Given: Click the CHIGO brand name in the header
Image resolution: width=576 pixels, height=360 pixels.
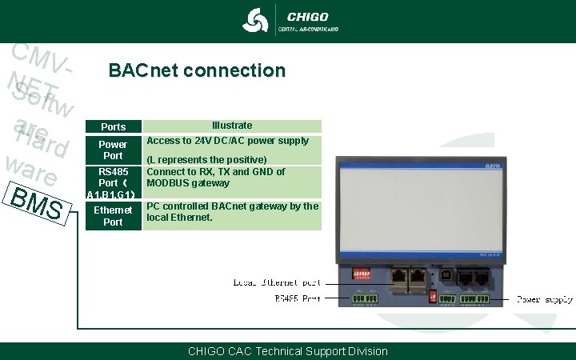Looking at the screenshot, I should [x=307, y=16].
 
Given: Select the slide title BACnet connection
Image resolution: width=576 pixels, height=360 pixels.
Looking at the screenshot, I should [x=196, y=70].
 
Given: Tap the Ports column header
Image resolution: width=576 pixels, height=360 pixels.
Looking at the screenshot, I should [x=113, y=126].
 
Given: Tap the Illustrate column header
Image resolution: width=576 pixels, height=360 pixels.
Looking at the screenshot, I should [x=232, y=126].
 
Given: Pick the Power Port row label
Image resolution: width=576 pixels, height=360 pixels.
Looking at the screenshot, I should [x=113, y=150].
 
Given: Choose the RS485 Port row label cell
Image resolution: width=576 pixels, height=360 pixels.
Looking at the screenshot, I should [x=113, y=182].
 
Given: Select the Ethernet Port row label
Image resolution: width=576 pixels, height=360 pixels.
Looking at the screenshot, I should [x=113, y=216].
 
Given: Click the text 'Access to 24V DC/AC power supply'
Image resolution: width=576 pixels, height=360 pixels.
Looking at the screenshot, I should [x=227, y=141].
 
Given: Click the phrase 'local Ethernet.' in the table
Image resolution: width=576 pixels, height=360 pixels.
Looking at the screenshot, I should [x=179, y=217].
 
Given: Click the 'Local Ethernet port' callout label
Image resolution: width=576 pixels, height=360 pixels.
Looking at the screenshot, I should [x=277, y=282].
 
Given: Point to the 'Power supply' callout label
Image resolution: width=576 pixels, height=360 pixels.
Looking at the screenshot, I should [x=544, y=299].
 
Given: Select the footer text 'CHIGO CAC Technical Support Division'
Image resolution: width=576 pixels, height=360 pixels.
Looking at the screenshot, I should [x=287, y=351].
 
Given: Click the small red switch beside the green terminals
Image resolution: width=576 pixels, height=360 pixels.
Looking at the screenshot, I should [x=433, y=296].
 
